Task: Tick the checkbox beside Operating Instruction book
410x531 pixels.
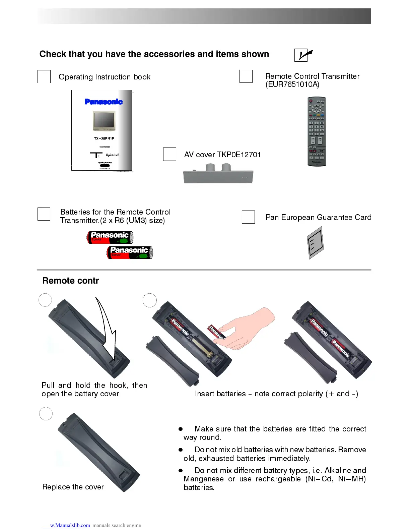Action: click(44, 76)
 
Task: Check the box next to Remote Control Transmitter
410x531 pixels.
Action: click(246, 76)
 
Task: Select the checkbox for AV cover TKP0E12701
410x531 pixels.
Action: click(169, 154)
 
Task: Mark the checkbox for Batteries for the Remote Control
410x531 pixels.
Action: click(44, 214)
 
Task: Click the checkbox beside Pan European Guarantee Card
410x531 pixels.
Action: click(248, 217)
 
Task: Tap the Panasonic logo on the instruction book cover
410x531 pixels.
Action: click(104, 102)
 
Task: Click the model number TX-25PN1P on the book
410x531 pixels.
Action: click(104, 138)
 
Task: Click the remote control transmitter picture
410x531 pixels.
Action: click(317, 131)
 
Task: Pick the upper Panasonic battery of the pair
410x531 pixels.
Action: click(110, 237)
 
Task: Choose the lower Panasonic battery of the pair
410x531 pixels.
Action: click(130, 252)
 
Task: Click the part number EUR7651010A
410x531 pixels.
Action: click(292, 84)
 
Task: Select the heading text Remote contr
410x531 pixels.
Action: click(71, 281)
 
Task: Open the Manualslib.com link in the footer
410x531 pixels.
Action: click(70, 525)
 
